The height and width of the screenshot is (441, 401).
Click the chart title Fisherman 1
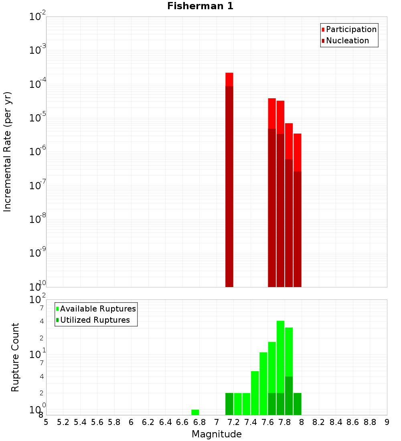pyautogui.click(x=200, y=6)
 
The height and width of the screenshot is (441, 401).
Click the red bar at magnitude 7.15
pyautogui.click(x=229, y=180)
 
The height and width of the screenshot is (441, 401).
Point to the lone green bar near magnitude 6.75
pyautogui.click(x=195, y=412)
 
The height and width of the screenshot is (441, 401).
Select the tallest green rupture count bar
pyautogui.click(x=281, y=361)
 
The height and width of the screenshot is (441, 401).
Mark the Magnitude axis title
pyautogui.click(x=217, y=434)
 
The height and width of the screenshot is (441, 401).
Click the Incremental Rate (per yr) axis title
pyautogui.click(x=8, y=152)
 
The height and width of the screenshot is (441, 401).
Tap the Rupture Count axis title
pyautogui.click(x=15, y=357)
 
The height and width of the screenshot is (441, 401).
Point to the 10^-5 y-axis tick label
pyautogui.click(x=38, y=118)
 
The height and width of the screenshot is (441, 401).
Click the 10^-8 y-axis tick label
pyautogui.click(x=38, y=220)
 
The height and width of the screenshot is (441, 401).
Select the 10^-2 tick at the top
pyautogui.click(x=38, y=17)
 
